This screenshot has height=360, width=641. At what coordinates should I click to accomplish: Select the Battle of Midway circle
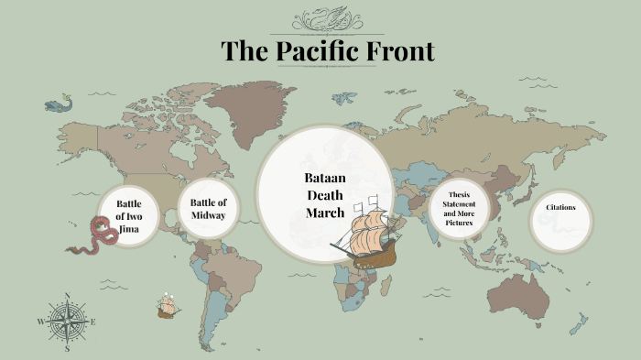pyautogui.click(x=208, y=209)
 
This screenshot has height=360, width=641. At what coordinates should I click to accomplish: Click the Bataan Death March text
pyautogui.click(x=324, y=194)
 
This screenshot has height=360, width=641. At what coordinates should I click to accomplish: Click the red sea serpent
pyautogui.click(x=97, y=235)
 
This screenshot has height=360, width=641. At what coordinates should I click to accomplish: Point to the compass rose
pyautogui.click(x=67, y=322)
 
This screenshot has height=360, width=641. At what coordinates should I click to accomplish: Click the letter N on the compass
pyautogui.click(x=67, y=296)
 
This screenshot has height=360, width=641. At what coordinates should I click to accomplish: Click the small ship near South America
pyautogui.click(x=167, y=306)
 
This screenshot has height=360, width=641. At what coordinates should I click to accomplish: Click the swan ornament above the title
pyautogui.click(x=327, y=19)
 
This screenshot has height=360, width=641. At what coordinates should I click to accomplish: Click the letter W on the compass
pyautogui.click(x=40, y=322)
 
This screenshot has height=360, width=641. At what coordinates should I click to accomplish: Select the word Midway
pyautogui.click(x=208, y=215)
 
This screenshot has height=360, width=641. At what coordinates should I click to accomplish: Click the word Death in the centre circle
pyautogui.click(x=324, y=194)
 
